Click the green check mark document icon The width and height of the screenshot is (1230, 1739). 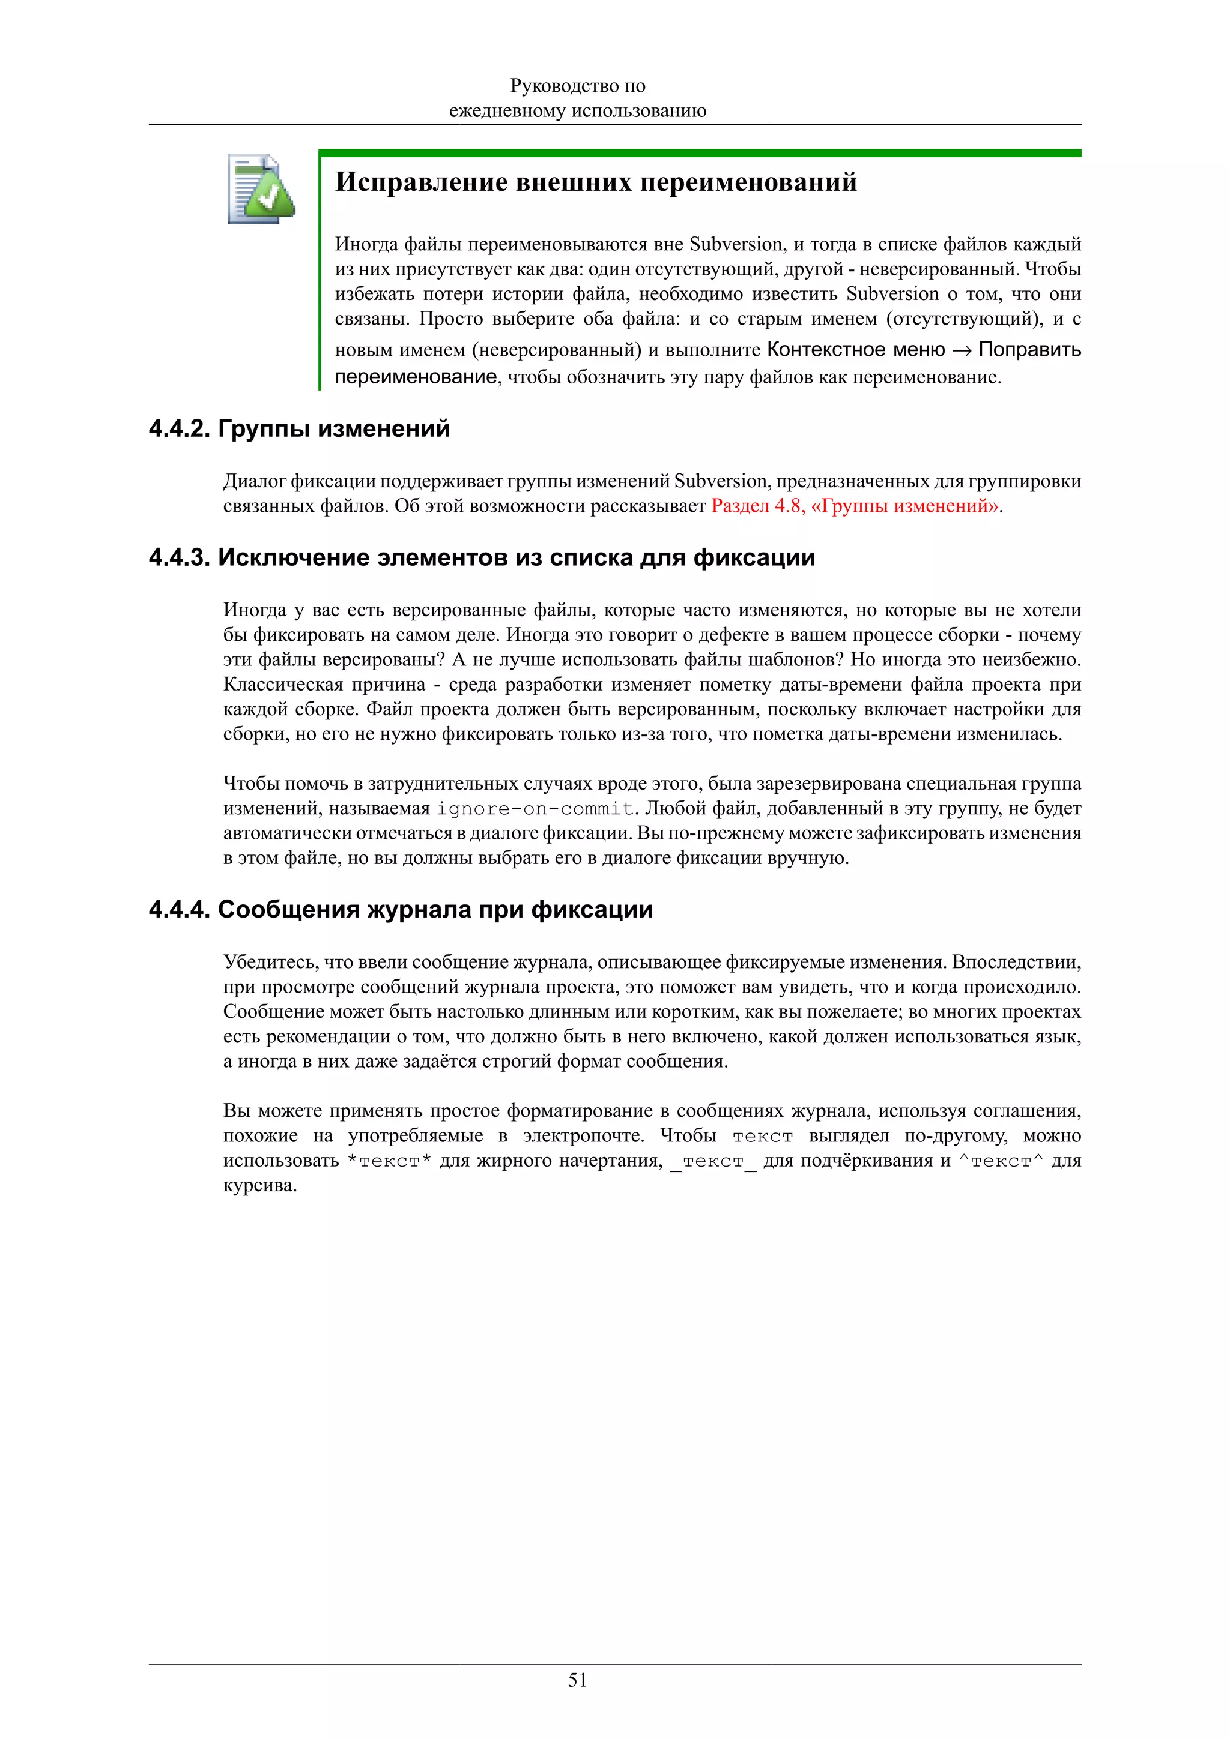[x=260, y=190]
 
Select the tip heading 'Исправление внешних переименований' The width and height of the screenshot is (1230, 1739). [x=596, y=182]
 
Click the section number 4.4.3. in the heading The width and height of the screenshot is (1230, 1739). [x=179, y=557]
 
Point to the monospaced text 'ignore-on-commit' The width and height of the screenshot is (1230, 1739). [x=535, y=809]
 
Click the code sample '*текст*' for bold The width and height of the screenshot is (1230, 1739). [x=389, y=1161]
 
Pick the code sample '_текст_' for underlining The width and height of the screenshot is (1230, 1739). [x=712, y=1161]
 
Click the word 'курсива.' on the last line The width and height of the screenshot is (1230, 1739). [x=260, y=1185]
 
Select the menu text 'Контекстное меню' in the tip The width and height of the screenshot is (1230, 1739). [x=856, y=350]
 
